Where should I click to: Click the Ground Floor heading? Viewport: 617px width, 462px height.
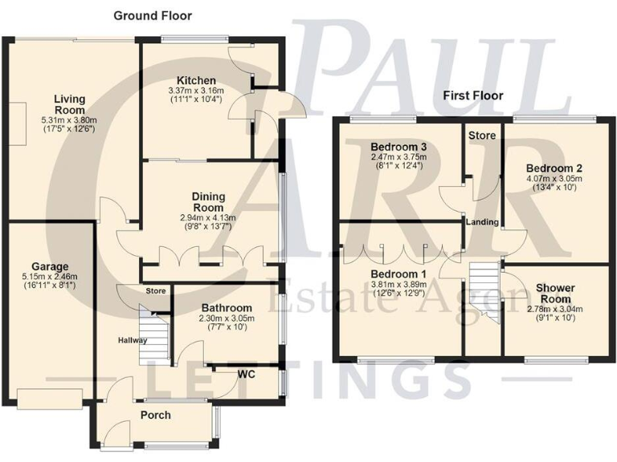click(x=153, y=15)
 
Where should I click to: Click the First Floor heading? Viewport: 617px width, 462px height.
click(x=473, y=95)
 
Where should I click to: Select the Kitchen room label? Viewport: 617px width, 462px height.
click(x=197, y=80)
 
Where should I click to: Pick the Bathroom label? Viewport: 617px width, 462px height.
click(x=227, y=307)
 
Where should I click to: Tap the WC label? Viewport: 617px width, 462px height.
click(x=247, y=374)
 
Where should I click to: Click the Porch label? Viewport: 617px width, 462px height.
click(x=157, y=415)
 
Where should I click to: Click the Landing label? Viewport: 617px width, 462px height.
click(x=482, y=222)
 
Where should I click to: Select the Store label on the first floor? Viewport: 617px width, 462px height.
click(x=482, y=136)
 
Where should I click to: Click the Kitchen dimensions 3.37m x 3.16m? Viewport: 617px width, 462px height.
click(x=197, y=92)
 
